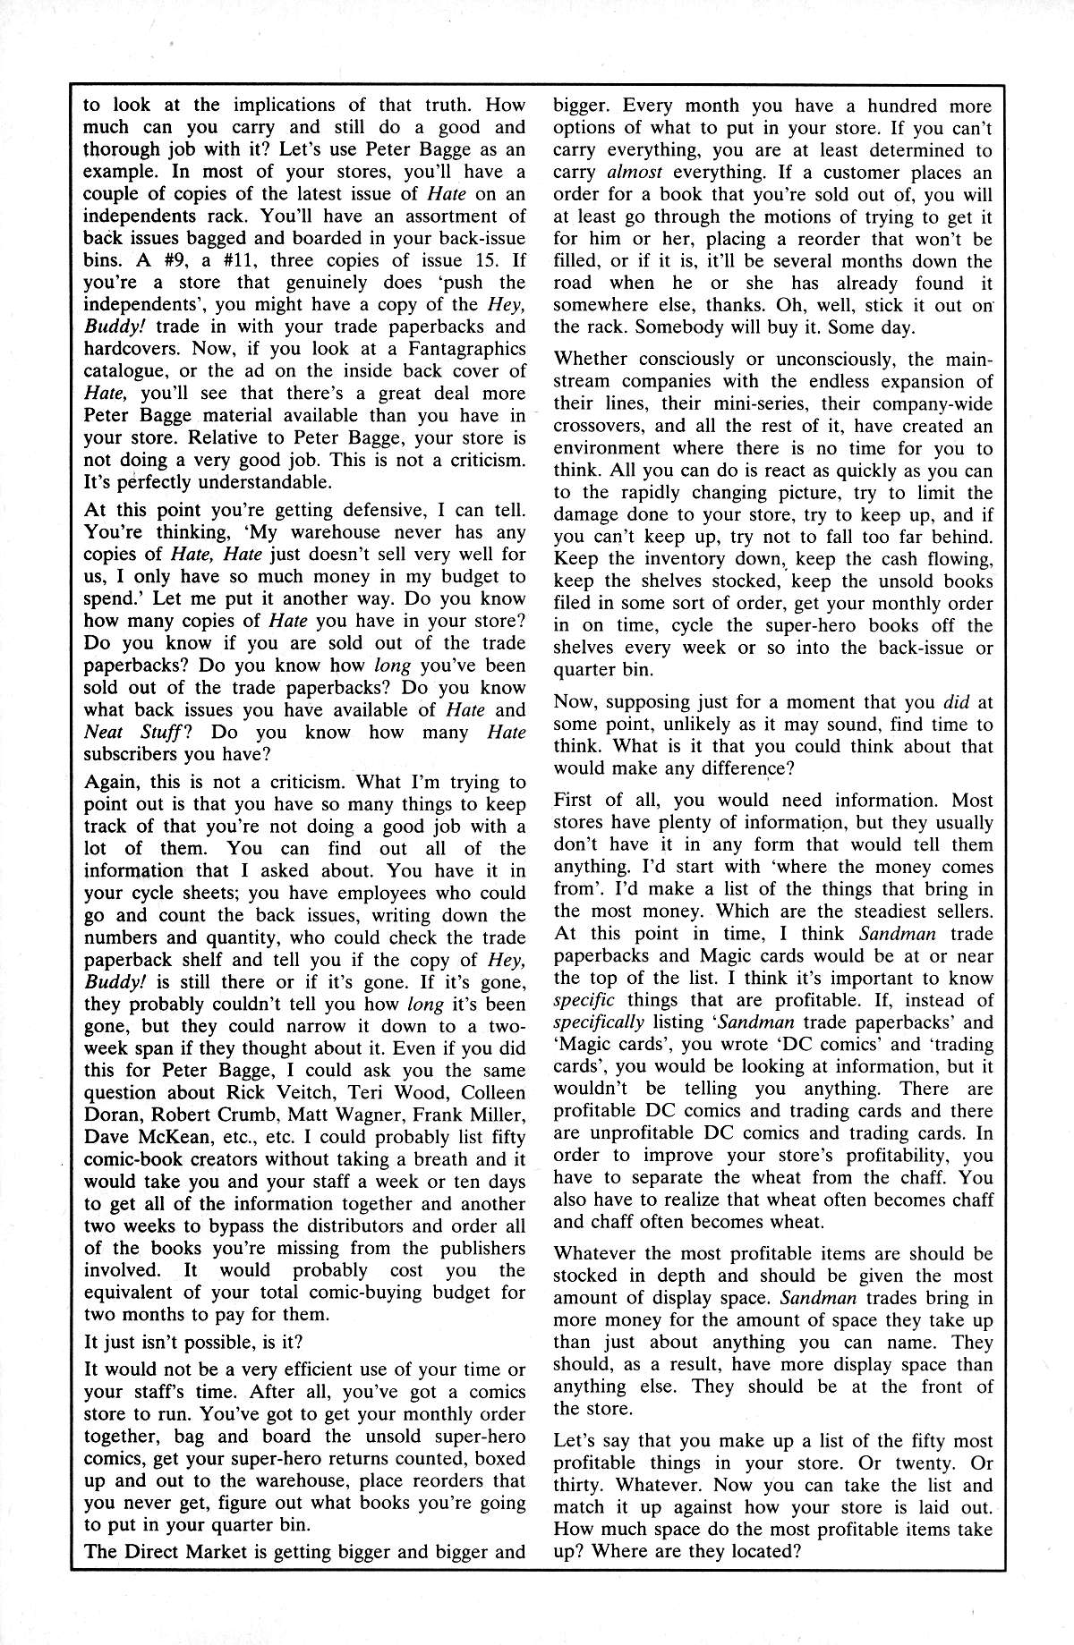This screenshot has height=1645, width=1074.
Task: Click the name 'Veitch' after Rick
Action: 295,1092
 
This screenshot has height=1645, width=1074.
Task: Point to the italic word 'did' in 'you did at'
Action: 930,702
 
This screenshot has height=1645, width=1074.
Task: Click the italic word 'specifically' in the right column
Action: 599,1022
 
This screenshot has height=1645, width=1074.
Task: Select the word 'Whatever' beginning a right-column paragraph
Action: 597,1254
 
